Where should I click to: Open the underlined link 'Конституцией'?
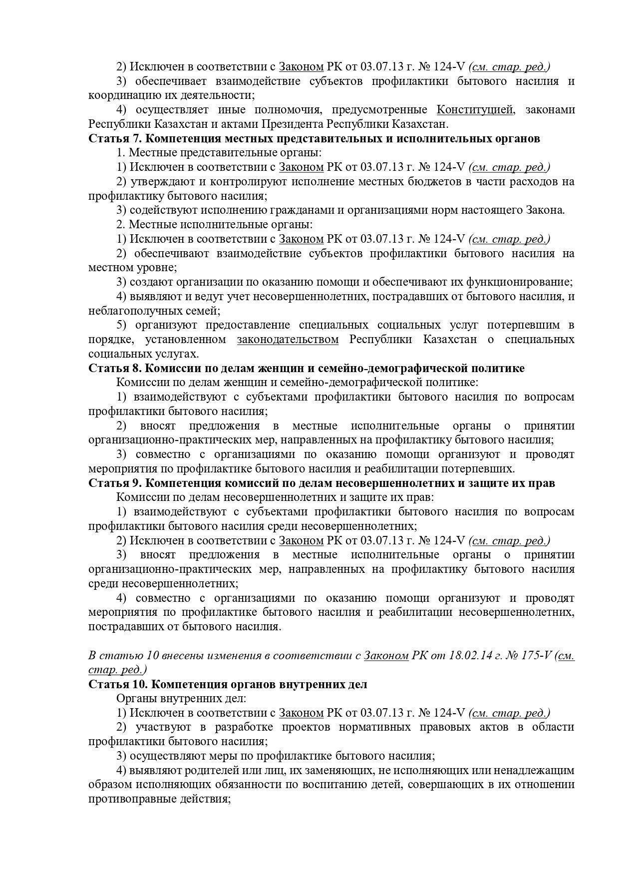[x=475, y=109]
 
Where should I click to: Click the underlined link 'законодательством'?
[x=288, y=340]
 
